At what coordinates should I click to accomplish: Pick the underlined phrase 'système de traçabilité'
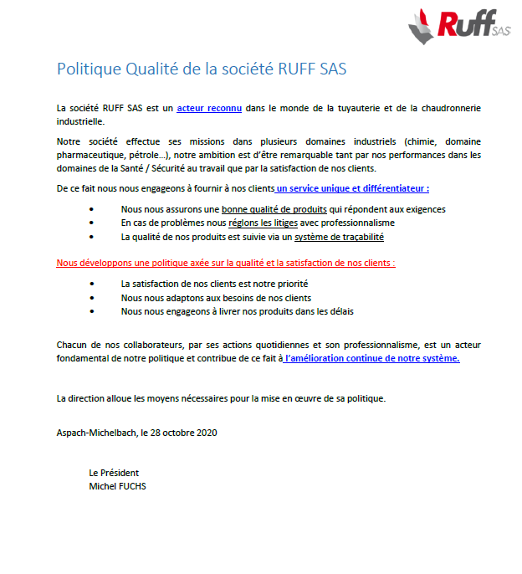tap(340, 237)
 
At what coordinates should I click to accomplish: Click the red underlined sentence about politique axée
tap(226, 263)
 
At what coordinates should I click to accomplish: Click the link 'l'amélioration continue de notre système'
tap(371, 358)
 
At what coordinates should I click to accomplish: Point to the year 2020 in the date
tap(207, 433)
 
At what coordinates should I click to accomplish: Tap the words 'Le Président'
tap(114, 473)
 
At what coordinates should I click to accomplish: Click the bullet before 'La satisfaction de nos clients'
tap(91, 284)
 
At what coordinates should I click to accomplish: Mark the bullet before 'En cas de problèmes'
tap(91, 223)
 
